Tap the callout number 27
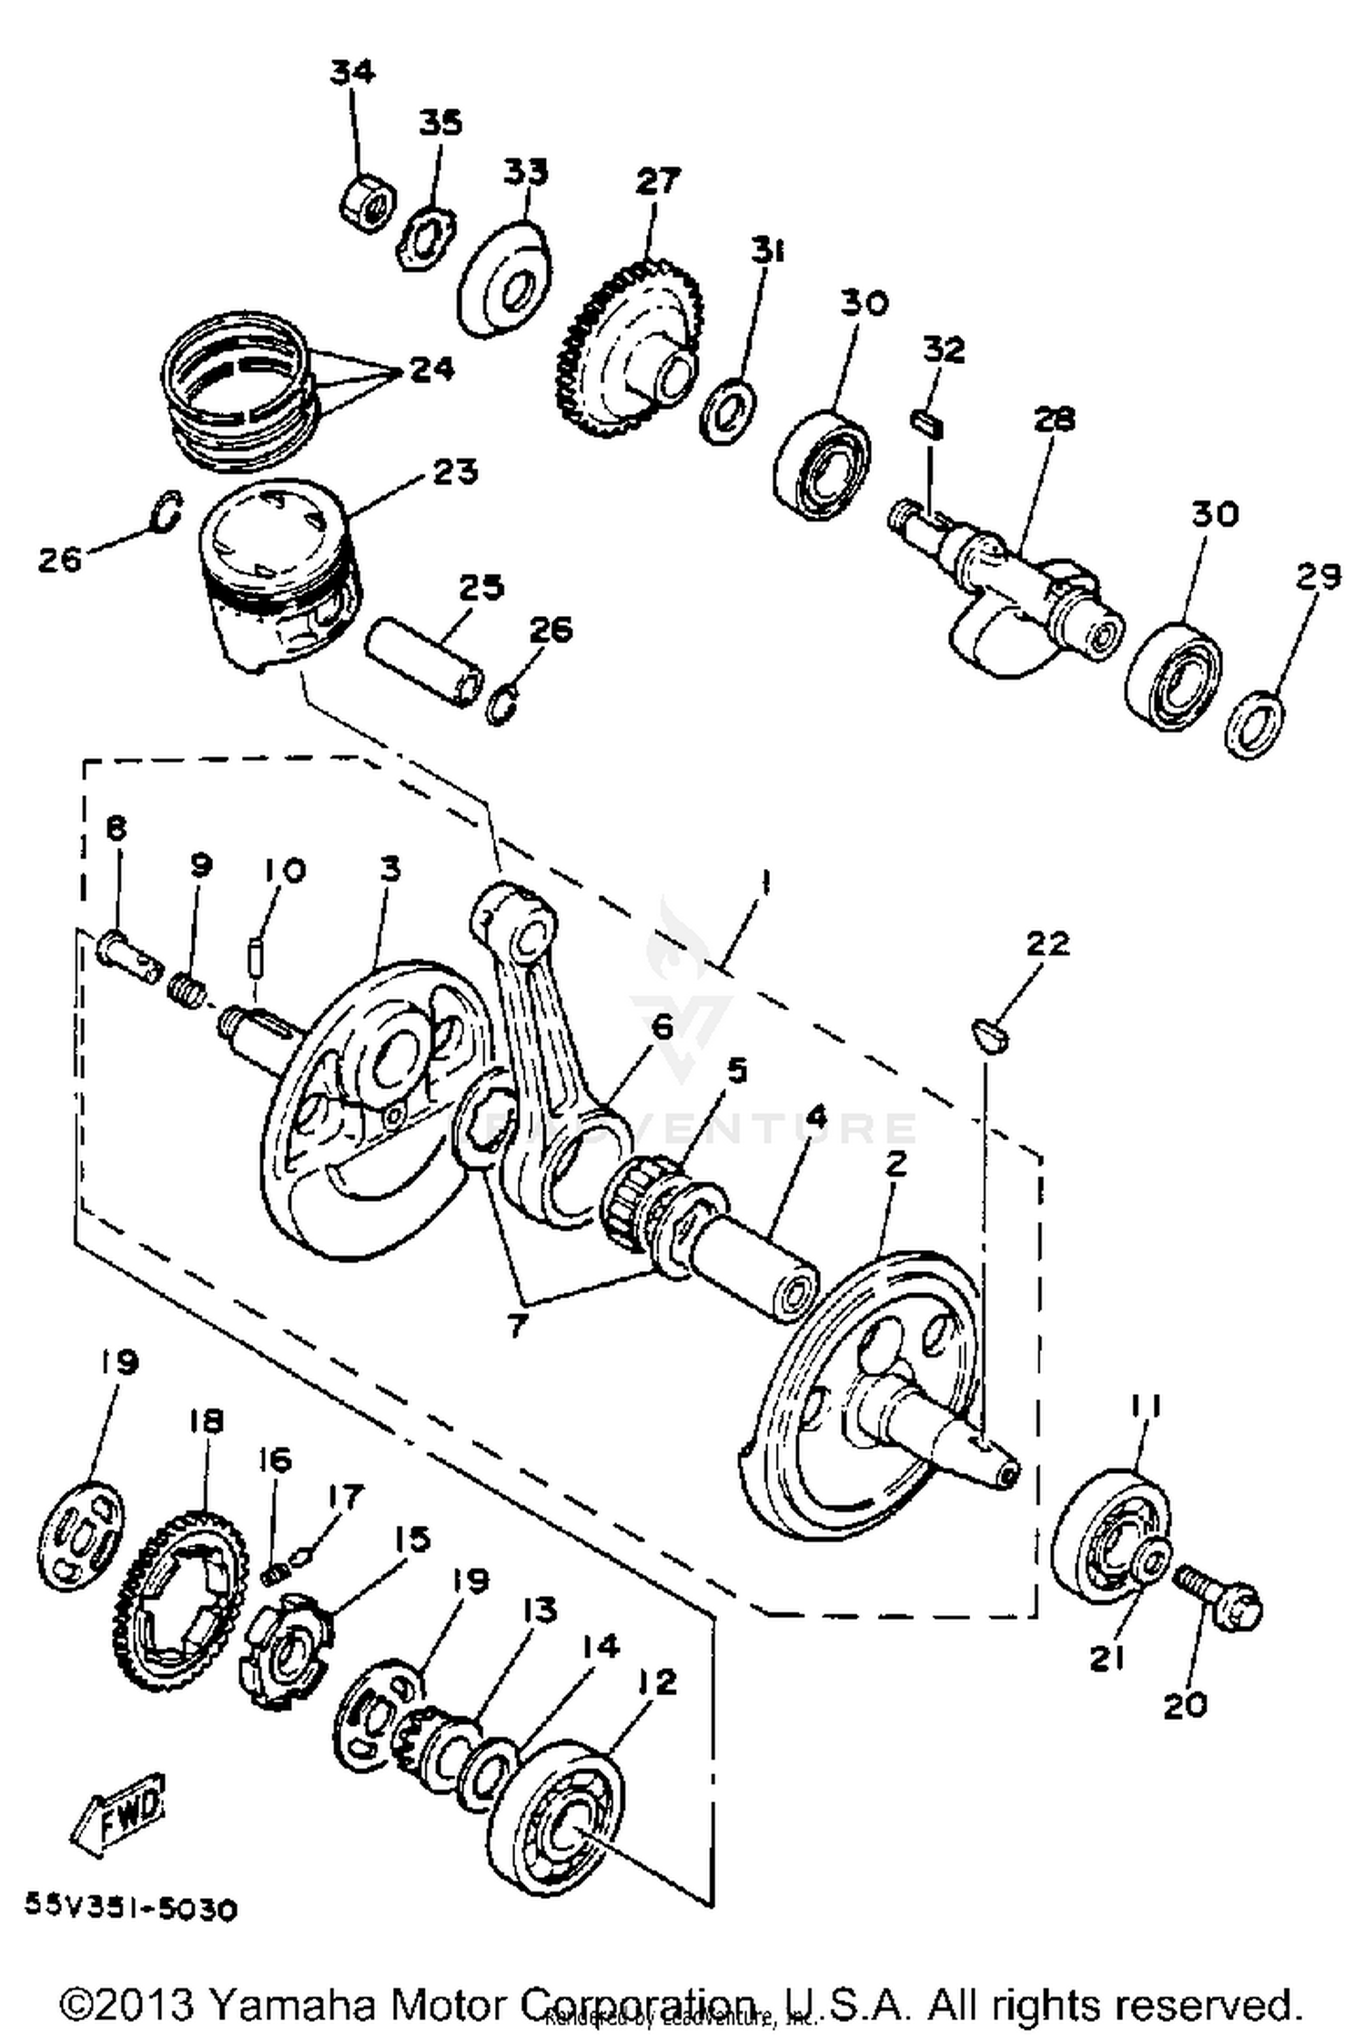pyautogui.click(x=657, y=181)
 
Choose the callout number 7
pyautogui.click(x=516, y=1326)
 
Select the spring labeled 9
pyautogui.click(x=187, y=985)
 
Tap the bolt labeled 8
pyautogui.click(x=126, y=952)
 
